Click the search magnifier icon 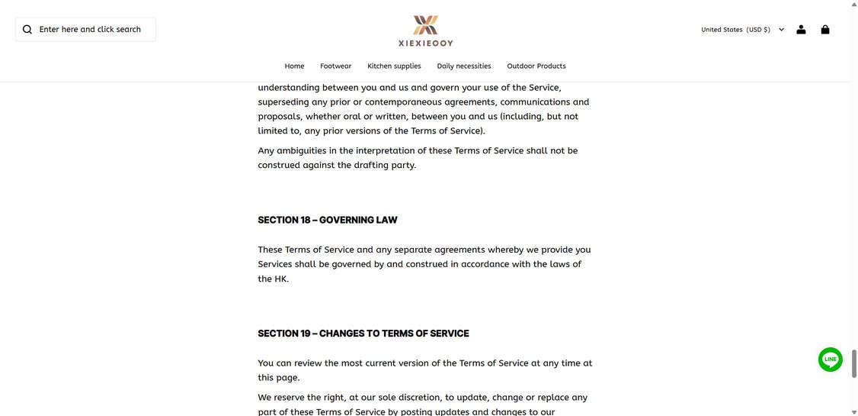pos(27,30)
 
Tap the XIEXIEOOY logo pos(425,31)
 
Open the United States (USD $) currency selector pos(742,30)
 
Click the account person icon pos(801,30)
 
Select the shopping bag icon pos(825,30)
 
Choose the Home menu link pos(294,66)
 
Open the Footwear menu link pos(335,66)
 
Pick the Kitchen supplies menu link pos(394,66)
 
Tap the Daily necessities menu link pos(464,66)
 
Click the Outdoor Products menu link pos(536,66)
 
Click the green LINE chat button pos(830,360)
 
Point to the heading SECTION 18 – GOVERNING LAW pos(328,221)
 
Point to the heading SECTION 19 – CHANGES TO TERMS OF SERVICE pos(363,334)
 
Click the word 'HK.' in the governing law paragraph pos(281,279)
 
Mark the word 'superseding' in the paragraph pos(283,102)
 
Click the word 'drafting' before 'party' pos(363,166)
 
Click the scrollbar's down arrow pos(853,412)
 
